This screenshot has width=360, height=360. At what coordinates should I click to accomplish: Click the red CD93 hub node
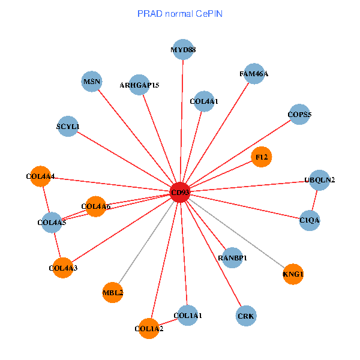click(180, 193)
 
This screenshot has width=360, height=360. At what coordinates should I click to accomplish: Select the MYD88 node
click(183, 50)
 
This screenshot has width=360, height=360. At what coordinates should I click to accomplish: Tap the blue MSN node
click(92, 82)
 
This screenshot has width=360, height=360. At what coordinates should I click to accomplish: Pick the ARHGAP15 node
click(139, 85)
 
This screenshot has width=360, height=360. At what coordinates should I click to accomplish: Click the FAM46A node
click(254, 74)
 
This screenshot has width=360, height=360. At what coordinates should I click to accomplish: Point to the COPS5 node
click(299, 114)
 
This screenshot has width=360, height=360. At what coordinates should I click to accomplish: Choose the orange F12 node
click(262, 157)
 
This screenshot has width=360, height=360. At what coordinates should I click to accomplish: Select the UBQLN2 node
click(319, 180)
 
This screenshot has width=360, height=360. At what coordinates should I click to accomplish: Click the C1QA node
click(310, 221)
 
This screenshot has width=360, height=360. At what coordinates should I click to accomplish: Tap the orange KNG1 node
click(293, 274)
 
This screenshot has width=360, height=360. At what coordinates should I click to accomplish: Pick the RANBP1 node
click(232, 257)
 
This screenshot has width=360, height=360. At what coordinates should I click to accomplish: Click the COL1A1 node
click(188, 315)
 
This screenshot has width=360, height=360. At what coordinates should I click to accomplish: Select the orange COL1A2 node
click(149, 328)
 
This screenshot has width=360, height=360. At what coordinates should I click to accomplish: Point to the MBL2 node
click(113, 292)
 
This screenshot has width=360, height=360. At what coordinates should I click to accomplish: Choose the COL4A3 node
click(63, 268)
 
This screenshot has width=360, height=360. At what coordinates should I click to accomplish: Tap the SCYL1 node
click(68, 126)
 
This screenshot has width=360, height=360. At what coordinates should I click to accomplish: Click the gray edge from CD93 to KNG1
click(240, 236)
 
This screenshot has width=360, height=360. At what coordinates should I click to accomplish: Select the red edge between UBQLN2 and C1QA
click(315, 200)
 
